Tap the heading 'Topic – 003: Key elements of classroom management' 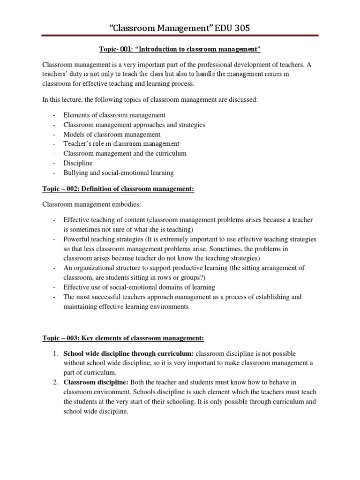[123, 338]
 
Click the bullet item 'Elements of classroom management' [115, 115]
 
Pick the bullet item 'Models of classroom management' [112, 134]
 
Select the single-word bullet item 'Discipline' [78, 163]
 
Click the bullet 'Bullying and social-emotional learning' [119, 172]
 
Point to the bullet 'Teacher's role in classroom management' [121, 144]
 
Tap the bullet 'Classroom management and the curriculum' [125, 153]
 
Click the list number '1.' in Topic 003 [55, 353]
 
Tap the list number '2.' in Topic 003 [55, 382]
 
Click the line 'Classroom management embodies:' [90, 205]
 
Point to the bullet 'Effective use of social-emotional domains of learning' [139, 287]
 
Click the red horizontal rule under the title [180, 34]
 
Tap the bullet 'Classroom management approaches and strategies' [135, 125]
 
